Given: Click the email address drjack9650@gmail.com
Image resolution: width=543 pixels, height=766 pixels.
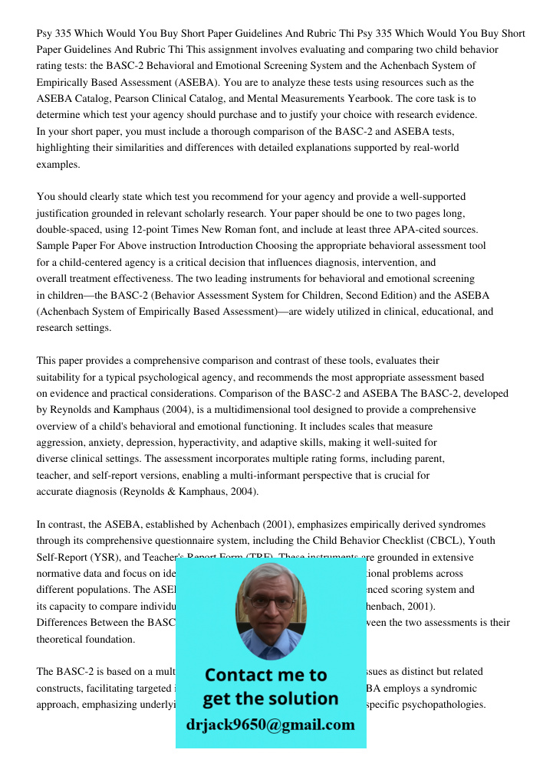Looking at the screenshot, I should click(271, 725).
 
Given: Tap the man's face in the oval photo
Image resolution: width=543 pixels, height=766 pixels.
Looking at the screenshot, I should click(270, 606).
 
